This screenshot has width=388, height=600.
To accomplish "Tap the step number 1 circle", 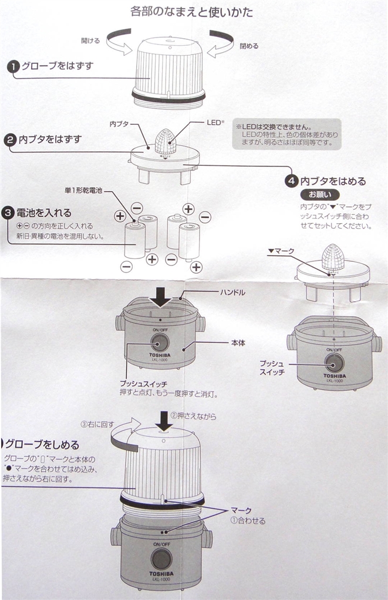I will (x=13, y=67).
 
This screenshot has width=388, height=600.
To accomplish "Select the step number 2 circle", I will (x=10, y=140).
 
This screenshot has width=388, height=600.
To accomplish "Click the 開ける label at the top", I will (x=91, y=40).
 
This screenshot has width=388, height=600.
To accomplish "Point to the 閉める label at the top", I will (x=249, y=46).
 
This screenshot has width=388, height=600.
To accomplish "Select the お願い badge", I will (x=316, y=195).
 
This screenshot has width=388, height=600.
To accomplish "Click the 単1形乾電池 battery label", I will (x=83, y=191).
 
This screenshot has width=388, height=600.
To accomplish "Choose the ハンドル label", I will (x=232, y=292).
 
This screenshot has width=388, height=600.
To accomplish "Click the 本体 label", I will (x=238, y=342).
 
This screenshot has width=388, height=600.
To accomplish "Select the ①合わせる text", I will (x=247, y=520).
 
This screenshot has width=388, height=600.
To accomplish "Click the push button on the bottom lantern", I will (x=161, y=558).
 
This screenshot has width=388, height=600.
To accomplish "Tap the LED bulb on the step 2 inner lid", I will (x=165, y=141).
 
